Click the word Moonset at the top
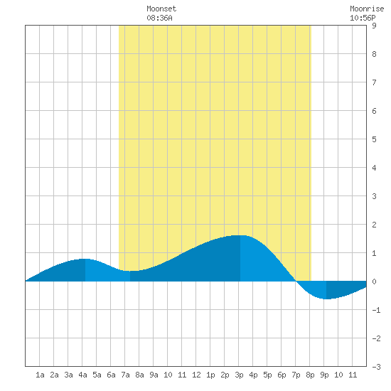[161, 9]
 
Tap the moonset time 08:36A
[159, 18]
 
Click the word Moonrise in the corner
[367, 9]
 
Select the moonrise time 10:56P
[363, 18]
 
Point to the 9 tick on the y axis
[374, 26]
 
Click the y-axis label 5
[374, 139]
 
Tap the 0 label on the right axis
[374, 282]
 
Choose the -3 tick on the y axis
[376, 367]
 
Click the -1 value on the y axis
[376, 310]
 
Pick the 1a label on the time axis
[40, 375]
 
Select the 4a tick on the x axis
[82, 375]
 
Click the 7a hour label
[125, 375]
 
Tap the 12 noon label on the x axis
[196, 375]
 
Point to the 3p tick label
[239, 375]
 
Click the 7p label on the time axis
[296, 375]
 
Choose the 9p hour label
[324, 375]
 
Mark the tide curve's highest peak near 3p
[240, 235]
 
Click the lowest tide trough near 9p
[326, 299]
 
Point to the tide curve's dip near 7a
[130, 271]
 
